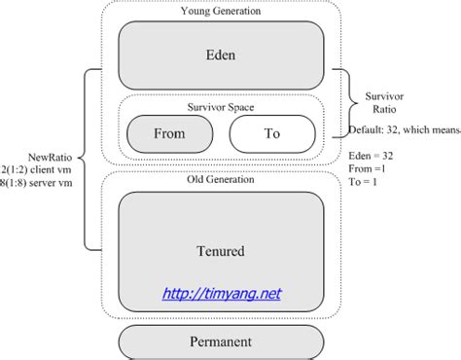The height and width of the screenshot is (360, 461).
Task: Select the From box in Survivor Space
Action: [171, 132]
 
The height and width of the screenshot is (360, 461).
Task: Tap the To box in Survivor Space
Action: [271, 132]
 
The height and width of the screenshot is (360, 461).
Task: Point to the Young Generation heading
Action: [220, 11]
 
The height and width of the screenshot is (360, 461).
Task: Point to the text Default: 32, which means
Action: [403, 128]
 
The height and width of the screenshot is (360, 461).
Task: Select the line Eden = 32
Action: [374, 156]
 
